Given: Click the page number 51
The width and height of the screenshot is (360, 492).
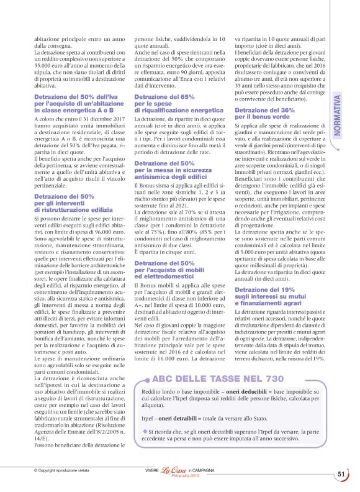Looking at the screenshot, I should coord(341,474).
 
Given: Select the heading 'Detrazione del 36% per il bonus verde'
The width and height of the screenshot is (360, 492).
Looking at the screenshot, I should coord(261,113).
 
